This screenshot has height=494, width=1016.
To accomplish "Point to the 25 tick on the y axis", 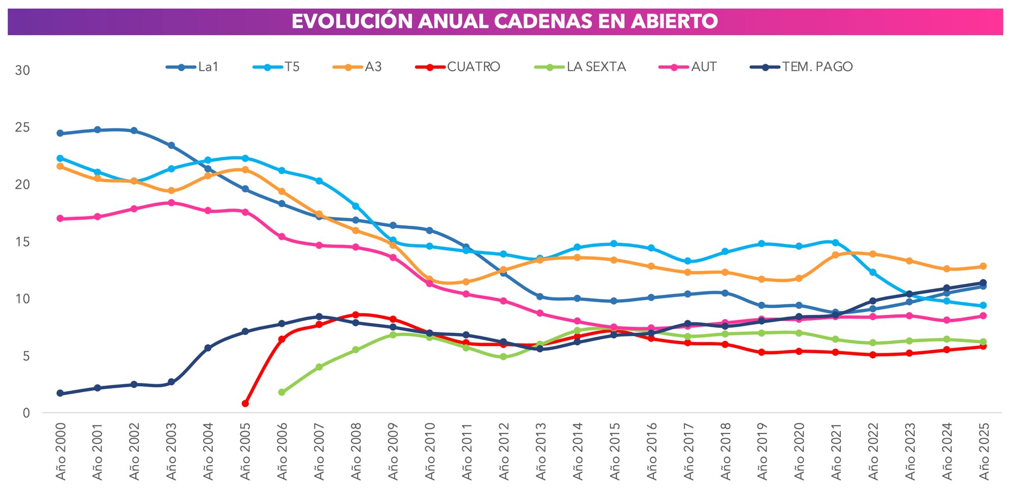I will (22, 128).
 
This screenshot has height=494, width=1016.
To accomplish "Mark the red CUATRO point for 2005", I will (245, 404).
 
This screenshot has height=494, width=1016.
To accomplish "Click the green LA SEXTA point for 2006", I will (282, 392).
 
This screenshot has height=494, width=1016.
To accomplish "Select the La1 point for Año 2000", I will (60, 133).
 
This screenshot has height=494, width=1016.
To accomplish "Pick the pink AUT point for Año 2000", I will (60, 219).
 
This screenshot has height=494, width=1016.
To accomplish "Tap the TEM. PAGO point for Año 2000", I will (60, 393).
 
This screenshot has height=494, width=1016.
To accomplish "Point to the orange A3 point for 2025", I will (983, 266).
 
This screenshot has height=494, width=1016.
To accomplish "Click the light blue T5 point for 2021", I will (835, 242).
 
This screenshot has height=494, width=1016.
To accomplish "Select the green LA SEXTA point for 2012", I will (503, 357).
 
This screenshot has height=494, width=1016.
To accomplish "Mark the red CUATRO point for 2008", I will (356, 315).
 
